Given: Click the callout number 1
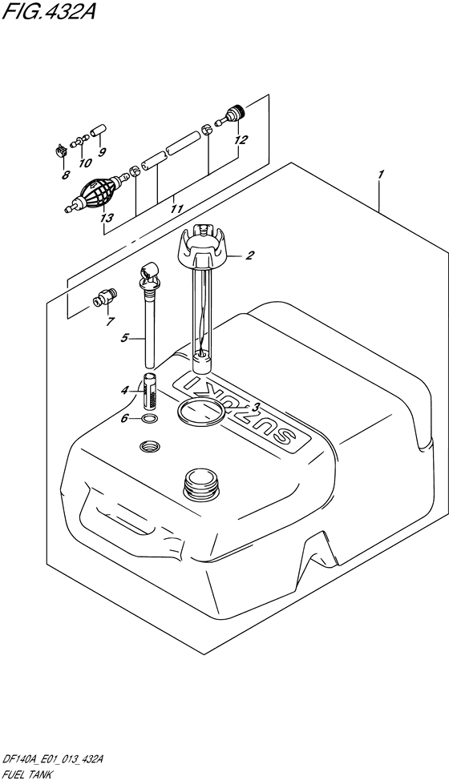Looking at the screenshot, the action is [x=380, y=175].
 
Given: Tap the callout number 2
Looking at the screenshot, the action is [x=249, y=256].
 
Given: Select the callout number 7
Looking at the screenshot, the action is [x=110, y=321].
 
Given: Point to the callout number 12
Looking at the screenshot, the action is [x=241, y=140].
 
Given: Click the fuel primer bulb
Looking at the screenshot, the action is [x=96, y=191].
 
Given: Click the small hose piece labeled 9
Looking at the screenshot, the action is [x=98, y=132].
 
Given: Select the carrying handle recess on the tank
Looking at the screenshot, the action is [x=116, y=510].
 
